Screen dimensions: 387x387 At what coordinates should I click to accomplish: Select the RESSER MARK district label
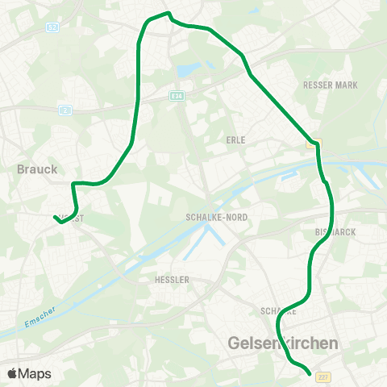(x=330, y=85)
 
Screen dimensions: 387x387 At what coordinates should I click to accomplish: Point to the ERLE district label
(x=236, y=139)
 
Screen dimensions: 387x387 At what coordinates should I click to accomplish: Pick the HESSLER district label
(x=171, y=280)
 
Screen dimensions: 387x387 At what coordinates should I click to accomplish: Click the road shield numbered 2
(x=65, y=110)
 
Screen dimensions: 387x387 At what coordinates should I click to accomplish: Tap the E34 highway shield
(x=176, y=95)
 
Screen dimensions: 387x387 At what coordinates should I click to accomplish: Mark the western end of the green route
(x=55, y=217)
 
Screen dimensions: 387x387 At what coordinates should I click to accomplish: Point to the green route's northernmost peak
(x=168, y=13)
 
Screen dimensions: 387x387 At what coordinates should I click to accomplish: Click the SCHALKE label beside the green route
(x=279, y=310)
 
